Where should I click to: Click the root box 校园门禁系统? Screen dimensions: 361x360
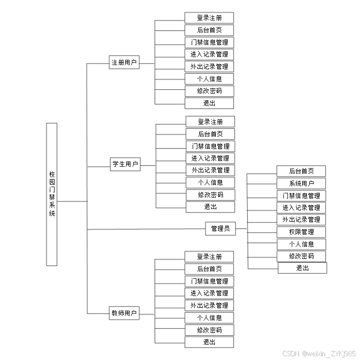[52, 194]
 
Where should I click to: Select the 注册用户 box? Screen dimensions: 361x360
[124, 62]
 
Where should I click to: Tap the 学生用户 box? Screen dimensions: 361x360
[125, 164]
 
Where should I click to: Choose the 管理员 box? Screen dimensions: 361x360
[220, 228]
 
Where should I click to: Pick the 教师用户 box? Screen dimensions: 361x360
[124, 313]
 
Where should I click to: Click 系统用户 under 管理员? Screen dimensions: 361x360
[301, 183]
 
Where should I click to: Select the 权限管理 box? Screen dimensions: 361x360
[301, 232]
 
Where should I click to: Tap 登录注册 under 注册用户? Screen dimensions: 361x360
[209, 18]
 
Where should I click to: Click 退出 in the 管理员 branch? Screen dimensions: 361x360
[302, 268]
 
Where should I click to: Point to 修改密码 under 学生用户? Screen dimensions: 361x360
[210, 195]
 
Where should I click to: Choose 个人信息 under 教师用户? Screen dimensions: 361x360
[209, 318]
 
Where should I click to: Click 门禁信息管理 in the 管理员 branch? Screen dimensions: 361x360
[301, 195]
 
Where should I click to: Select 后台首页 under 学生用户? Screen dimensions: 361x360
[210, 134]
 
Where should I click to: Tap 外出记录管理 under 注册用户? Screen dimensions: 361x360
[209, 66]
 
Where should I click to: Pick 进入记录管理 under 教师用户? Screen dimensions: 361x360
[209, 293]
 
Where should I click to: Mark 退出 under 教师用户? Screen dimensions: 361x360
[209, 342]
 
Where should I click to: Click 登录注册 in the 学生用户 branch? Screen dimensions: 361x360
[210, 122]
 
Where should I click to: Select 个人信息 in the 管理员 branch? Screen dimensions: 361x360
[301, 244]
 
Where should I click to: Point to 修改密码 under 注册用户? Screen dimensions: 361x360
[209, 91]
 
